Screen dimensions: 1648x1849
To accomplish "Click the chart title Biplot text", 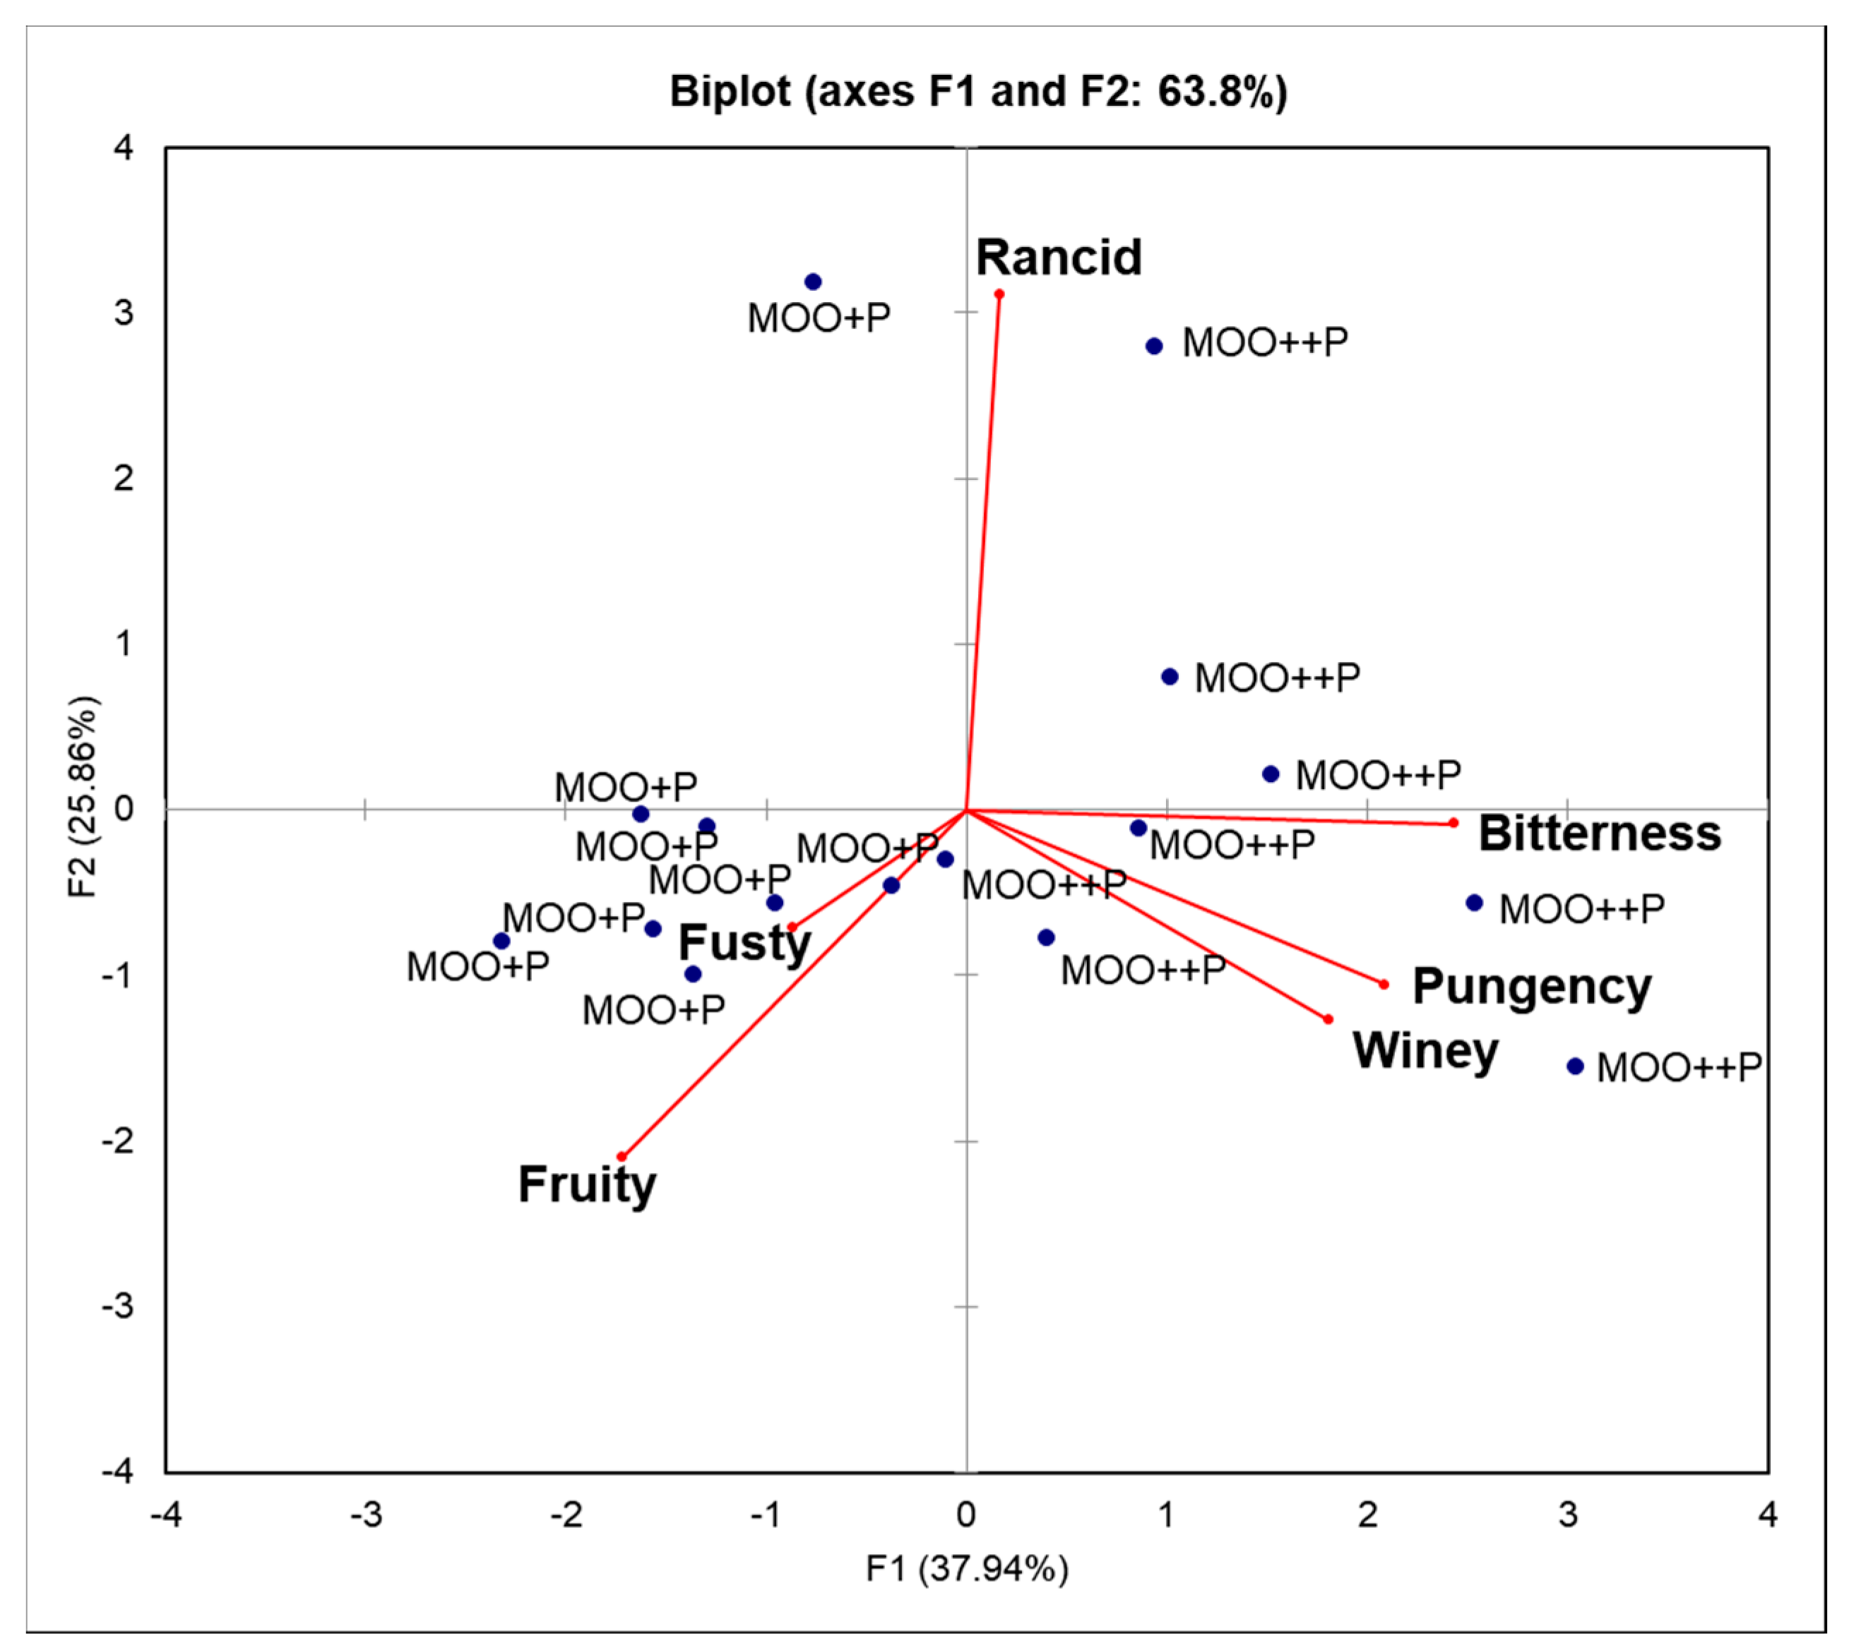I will (x=977, y=92).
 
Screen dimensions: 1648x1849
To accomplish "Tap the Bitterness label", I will (x=1599, y=833).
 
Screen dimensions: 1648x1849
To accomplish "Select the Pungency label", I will (x=1531, y=986).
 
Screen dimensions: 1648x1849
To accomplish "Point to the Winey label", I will (x=1425, y=1050).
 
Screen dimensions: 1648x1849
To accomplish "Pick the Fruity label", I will (x=587, y=1184).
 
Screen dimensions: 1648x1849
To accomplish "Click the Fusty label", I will (x=744, y=943).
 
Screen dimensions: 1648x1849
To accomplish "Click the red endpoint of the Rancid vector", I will (x=999, y=294).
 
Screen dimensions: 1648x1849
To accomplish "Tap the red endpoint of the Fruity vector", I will (x=622, y=1156).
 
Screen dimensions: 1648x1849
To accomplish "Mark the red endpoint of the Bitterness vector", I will (x=1453, y=823).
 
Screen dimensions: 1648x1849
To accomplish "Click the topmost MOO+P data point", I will (x=813, y=282).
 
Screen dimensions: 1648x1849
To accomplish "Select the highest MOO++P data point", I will (x=1154, y=346).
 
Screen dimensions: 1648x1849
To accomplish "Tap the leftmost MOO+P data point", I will (x=501, y=941).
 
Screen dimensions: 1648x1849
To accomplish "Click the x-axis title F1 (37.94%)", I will (x=967, y=1568).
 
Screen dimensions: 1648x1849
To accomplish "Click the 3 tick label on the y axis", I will (x=123, y=313).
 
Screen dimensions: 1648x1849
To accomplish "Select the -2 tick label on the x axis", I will (x=566, y=1514).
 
